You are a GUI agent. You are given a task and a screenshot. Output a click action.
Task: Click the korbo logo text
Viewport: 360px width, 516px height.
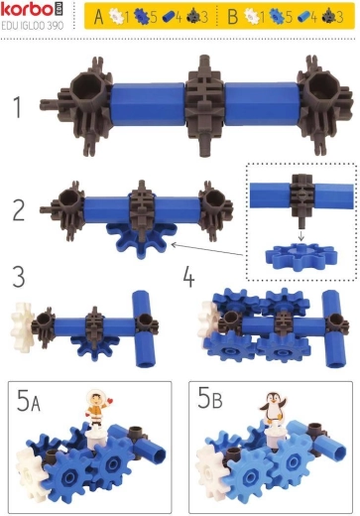coord(27,10)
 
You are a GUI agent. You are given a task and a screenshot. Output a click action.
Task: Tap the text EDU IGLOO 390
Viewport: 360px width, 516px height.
coord(33,26)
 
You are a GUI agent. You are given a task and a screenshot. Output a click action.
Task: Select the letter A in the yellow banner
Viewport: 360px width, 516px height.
coord(99,17)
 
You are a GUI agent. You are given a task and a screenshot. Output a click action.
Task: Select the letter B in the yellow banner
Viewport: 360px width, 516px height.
coord(233,17)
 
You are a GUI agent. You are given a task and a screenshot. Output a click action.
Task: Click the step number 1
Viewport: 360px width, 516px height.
coord(18,106)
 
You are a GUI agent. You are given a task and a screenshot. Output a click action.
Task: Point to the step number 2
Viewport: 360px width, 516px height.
coord(19,210)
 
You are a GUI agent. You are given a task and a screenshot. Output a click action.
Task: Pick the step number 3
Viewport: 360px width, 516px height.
coord(19,277)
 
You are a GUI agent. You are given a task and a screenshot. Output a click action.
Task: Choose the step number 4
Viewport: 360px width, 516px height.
coord(188,277)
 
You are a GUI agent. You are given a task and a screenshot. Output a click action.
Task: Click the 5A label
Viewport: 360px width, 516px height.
coord(29,400)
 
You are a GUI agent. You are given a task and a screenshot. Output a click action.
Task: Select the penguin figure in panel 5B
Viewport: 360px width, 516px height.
coord(273,407)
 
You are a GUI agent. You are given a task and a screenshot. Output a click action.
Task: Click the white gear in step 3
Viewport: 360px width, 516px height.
coord(22,327)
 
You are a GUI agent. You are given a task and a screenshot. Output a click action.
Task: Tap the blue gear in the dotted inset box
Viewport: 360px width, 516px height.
coord(301,257)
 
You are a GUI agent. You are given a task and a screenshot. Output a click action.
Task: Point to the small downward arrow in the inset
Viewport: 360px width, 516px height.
coord(300,235)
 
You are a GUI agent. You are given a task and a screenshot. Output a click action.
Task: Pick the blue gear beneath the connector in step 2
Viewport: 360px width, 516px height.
coord(142,239)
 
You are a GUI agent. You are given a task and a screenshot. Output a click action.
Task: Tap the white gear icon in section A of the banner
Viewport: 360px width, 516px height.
coord(116,16)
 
